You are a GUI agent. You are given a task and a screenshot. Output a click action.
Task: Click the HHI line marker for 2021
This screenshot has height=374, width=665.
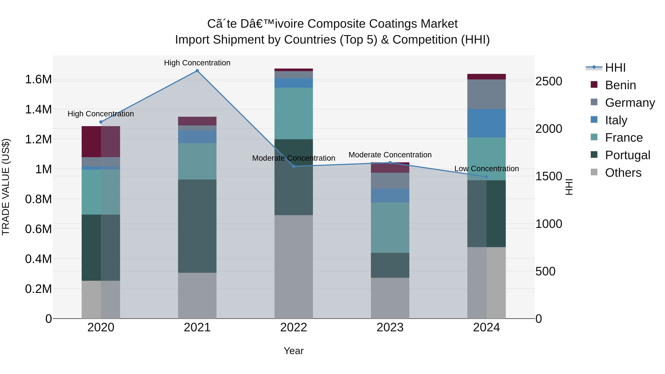[x=197, y=71]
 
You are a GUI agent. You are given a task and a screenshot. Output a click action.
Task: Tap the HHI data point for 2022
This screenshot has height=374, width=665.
[x=294, y=166]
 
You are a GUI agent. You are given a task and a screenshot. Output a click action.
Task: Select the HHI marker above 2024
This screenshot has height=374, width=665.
[x=486, y=177]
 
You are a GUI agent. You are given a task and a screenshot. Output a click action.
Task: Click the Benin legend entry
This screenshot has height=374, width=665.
[x=620, y=85]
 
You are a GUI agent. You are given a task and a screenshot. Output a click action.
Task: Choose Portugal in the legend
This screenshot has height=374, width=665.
[x=627, y=155]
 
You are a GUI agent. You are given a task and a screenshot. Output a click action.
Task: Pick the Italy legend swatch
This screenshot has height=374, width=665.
[x=594, y=120]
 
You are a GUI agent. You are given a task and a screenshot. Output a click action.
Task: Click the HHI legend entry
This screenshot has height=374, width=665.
[x=615, y=68]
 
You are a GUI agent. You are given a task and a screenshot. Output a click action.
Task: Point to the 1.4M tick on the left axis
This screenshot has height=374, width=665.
[x=38, y=110]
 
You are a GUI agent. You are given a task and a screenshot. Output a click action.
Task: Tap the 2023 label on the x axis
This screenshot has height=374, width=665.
[x=390, y=327]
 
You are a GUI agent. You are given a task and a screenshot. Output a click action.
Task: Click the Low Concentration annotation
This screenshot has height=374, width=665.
[x=486, y=169]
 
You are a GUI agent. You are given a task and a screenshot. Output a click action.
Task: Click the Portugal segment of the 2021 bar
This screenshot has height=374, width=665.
[x=197, y=226]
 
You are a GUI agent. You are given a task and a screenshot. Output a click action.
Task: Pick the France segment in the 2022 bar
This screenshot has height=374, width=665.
[x=294, y=114]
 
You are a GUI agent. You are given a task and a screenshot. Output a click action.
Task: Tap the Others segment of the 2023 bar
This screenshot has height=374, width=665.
[x=390, y=298]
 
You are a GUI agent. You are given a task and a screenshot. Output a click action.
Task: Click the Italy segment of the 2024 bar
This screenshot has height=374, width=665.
[x=486, y=123]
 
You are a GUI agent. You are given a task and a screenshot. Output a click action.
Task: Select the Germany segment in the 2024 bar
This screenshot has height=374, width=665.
[x=486, y=94]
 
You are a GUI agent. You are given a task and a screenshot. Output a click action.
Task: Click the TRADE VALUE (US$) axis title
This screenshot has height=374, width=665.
[x=6, y=187]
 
